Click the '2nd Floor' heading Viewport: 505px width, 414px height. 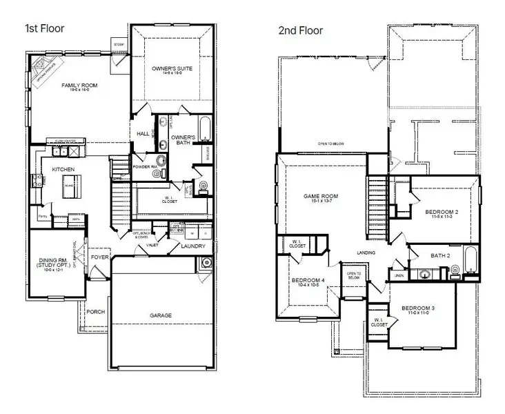click(x=301, y=30)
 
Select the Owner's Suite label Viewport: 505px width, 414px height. click(x=172, y=69)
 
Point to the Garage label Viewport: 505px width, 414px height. click(x=161, y=315)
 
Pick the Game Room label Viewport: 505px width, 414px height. click(x=319, y=197)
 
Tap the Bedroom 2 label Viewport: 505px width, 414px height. click(x=442, y=211)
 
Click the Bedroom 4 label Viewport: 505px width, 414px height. click(x=308, y=281)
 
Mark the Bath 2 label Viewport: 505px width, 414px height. click(x=440, y=255)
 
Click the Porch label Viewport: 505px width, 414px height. click(x=96, y=312)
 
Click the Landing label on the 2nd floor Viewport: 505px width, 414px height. click(x=366, y=253)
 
